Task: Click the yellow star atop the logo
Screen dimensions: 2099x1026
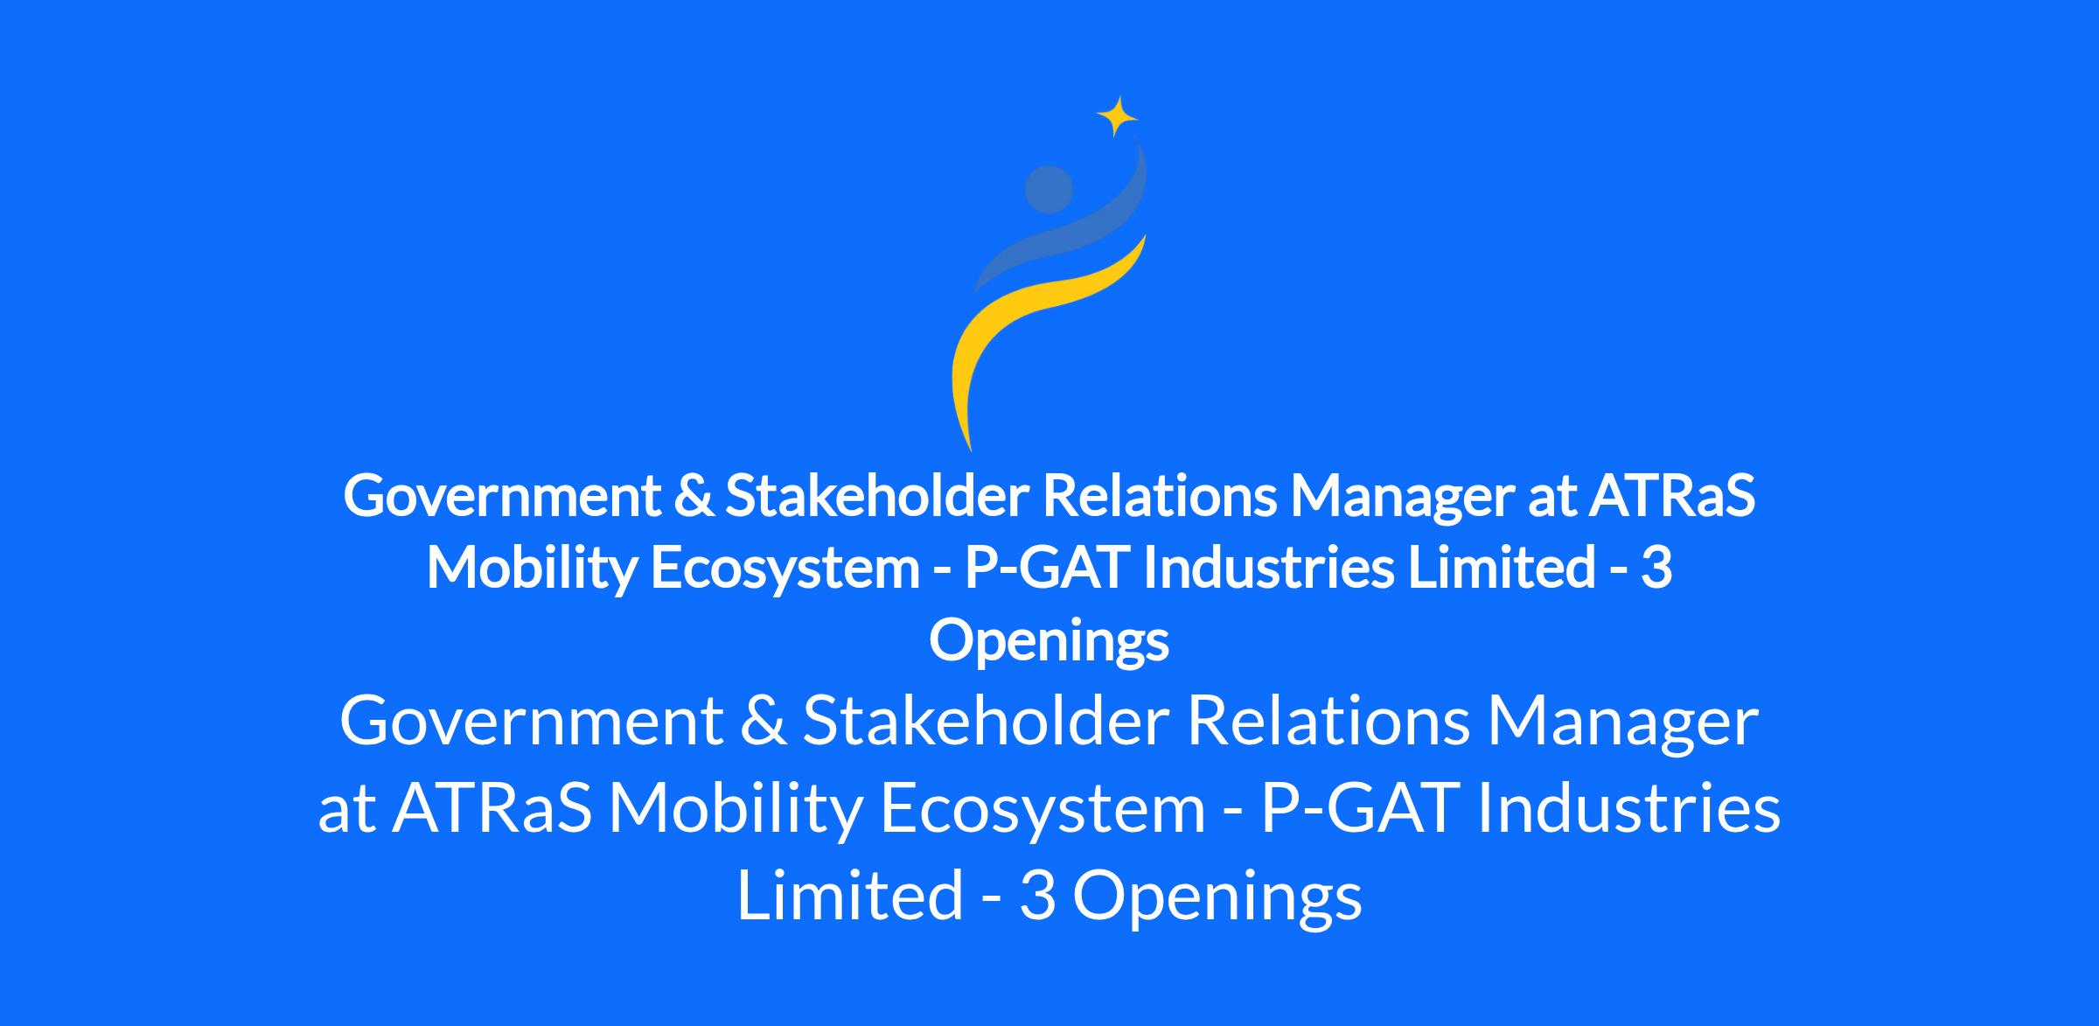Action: click(1117, 116)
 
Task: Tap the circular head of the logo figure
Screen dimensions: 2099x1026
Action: click(1049, 189)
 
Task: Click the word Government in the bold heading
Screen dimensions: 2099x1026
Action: click(502, 497)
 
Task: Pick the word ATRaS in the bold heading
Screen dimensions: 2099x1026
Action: click(1672, 495)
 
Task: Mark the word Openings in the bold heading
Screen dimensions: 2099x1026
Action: click(1049, 642)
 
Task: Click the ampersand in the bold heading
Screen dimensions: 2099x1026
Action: click(694, 496)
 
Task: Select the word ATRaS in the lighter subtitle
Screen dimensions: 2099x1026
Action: click(492, 809)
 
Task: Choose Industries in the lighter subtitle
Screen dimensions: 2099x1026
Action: click(1628, 808)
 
